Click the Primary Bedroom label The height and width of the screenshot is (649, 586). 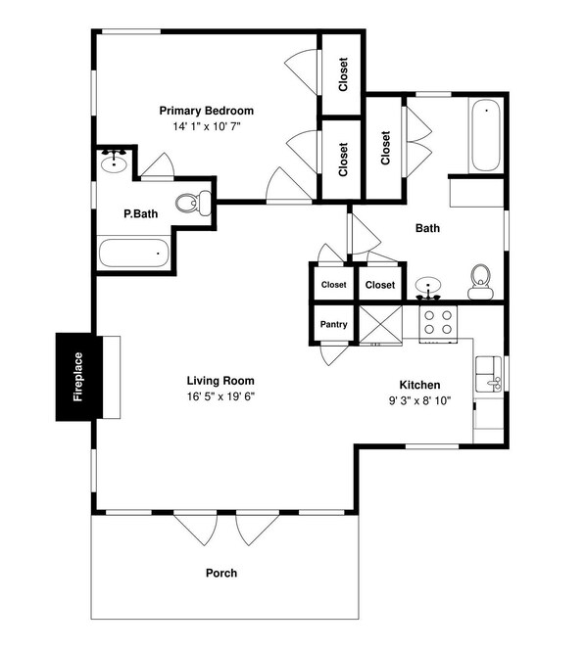pos(207,111)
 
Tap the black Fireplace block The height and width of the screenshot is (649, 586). pos(76,377)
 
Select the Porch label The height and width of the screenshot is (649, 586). pos(220,573)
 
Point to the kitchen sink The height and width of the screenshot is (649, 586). pos(487,375)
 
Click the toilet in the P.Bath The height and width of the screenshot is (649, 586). pos(192,204)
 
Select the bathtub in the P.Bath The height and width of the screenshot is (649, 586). pos(132,253)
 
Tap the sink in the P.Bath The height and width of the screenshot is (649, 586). pos(115,161)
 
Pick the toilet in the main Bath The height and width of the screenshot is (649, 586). pos(479,282)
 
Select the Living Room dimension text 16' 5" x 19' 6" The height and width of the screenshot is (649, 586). pos(220,396)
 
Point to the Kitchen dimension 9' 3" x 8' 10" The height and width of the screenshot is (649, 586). pos(419,400)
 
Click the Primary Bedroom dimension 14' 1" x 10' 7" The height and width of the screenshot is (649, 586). pos(207,127)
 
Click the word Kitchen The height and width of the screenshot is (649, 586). pos(419,385)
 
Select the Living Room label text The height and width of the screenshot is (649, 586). pos(220,381)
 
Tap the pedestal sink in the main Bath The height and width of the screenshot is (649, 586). pos(428,287)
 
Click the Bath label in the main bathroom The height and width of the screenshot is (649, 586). pos(427,228)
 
